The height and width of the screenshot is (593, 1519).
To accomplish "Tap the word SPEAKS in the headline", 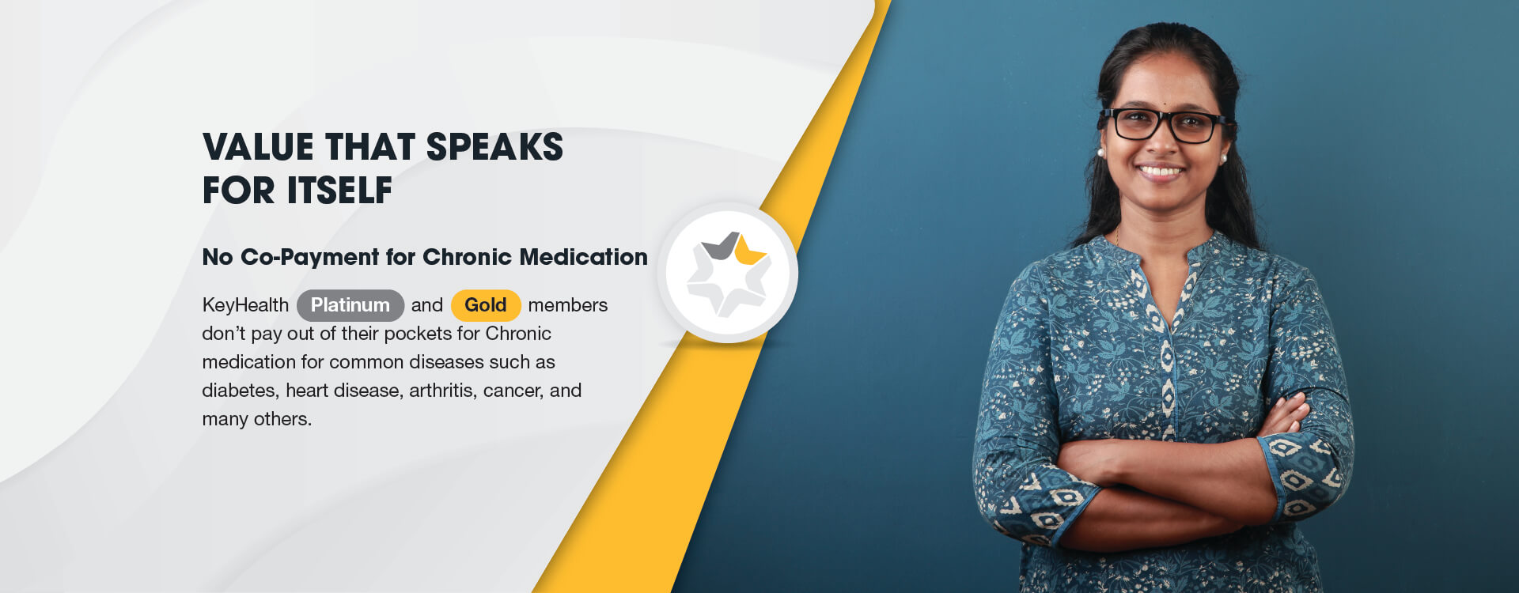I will tap(494, 147).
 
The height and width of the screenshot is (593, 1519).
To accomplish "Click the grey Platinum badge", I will tap(350, 305).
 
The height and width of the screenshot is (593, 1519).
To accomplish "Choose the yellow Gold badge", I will tap(485, 305).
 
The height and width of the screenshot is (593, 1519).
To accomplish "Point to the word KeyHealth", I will tap(245, 305).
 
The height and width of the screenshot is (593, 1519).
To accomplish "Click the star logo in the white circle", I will tap(728, 274).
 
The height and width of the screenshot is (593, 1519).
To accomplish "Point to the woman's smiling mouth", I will tap(1160, 170).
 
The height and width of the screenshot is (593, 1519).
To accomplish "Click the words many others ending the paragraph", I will tap(256, 419).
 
